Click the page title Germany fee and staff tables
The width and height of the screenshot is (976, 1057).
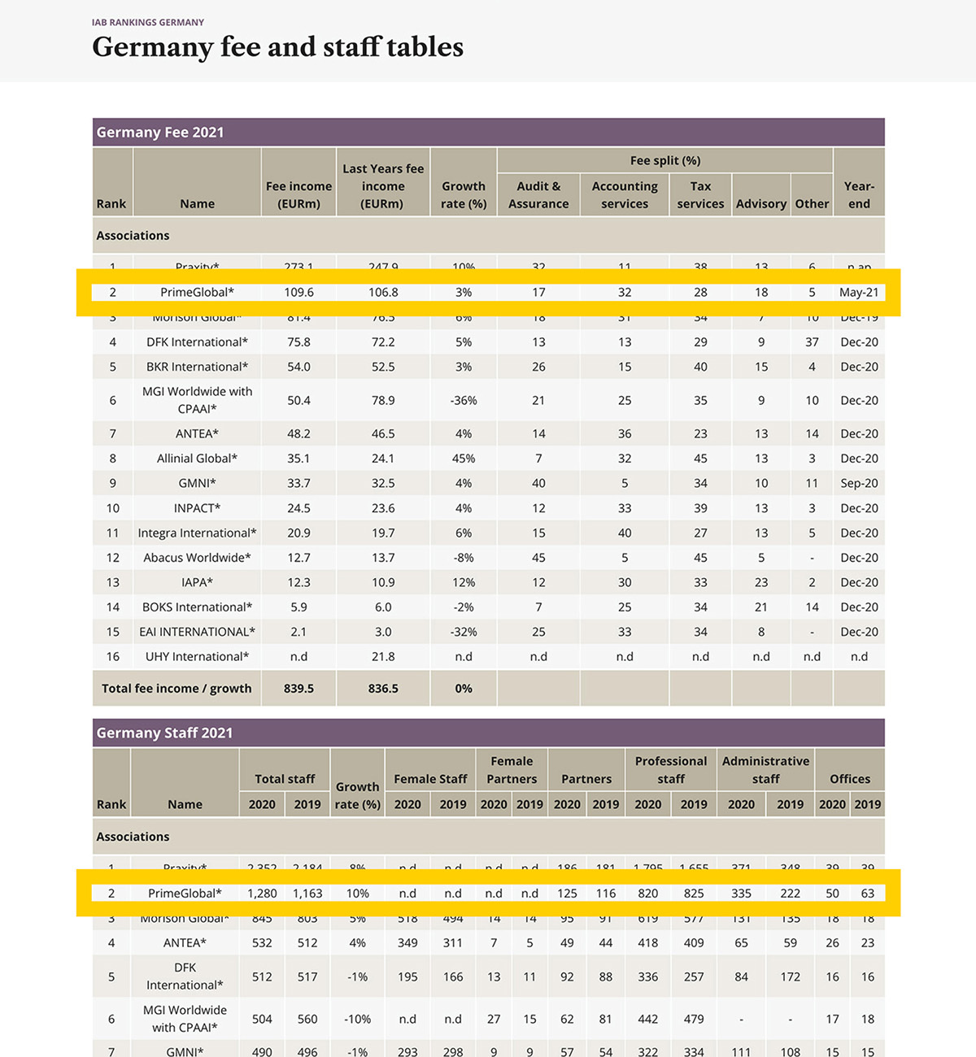click(x=277, y=47)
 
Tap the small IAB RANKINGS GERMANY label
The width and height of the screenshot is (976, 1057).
click(x=148, y=22)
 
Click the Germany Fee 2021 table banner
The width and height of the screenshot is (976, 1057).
click(x=160, y=133)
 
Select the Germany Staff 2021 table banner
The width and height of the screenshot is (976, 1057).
click(x=164, y=733)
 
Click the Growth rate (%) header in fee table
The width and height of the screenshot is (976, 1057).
click(x=464, y=195)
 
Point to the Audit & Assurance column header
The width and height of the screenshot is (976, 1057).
click(x=538, y=195)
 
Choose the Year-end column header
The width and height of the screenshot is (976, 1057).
click(x=859, y=195)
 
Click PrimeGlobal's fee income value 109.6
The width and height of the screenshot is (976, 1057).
click(x=298, y=292)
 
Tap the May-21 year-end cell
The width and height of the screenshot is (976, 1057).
click(x=859, y=292)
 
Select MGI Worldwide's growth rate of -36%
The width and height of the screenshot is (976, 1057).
click(x=464, y=400)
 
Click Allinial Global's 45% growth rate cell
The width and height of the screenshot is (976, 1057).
click(x=464, y=459)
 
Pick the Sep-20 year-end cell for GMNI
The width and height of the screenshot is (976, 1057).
click(x=859, y=483)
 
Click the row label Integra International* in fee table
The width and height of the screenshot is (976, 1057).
click(x=197, y=533)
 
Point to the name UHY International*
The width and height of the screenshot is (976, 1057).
click(x=197, y=656)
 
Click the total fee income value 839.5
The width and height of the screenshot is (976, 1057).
click(x=298, y=688)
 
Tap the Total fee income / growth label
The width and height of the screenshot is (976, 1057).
click(x=176, y=688)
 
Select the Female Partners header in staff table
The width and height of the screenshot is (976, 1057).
click(x=512, y=770)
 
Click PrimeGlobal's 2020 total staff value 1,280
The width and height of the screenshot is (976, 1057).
click(x=262, y=893)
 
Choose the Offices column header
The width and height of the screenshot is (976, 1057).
click(x=850, y=778)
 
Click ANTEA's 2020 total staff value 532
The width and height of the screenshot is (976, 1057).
click(x=262, y=942)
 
